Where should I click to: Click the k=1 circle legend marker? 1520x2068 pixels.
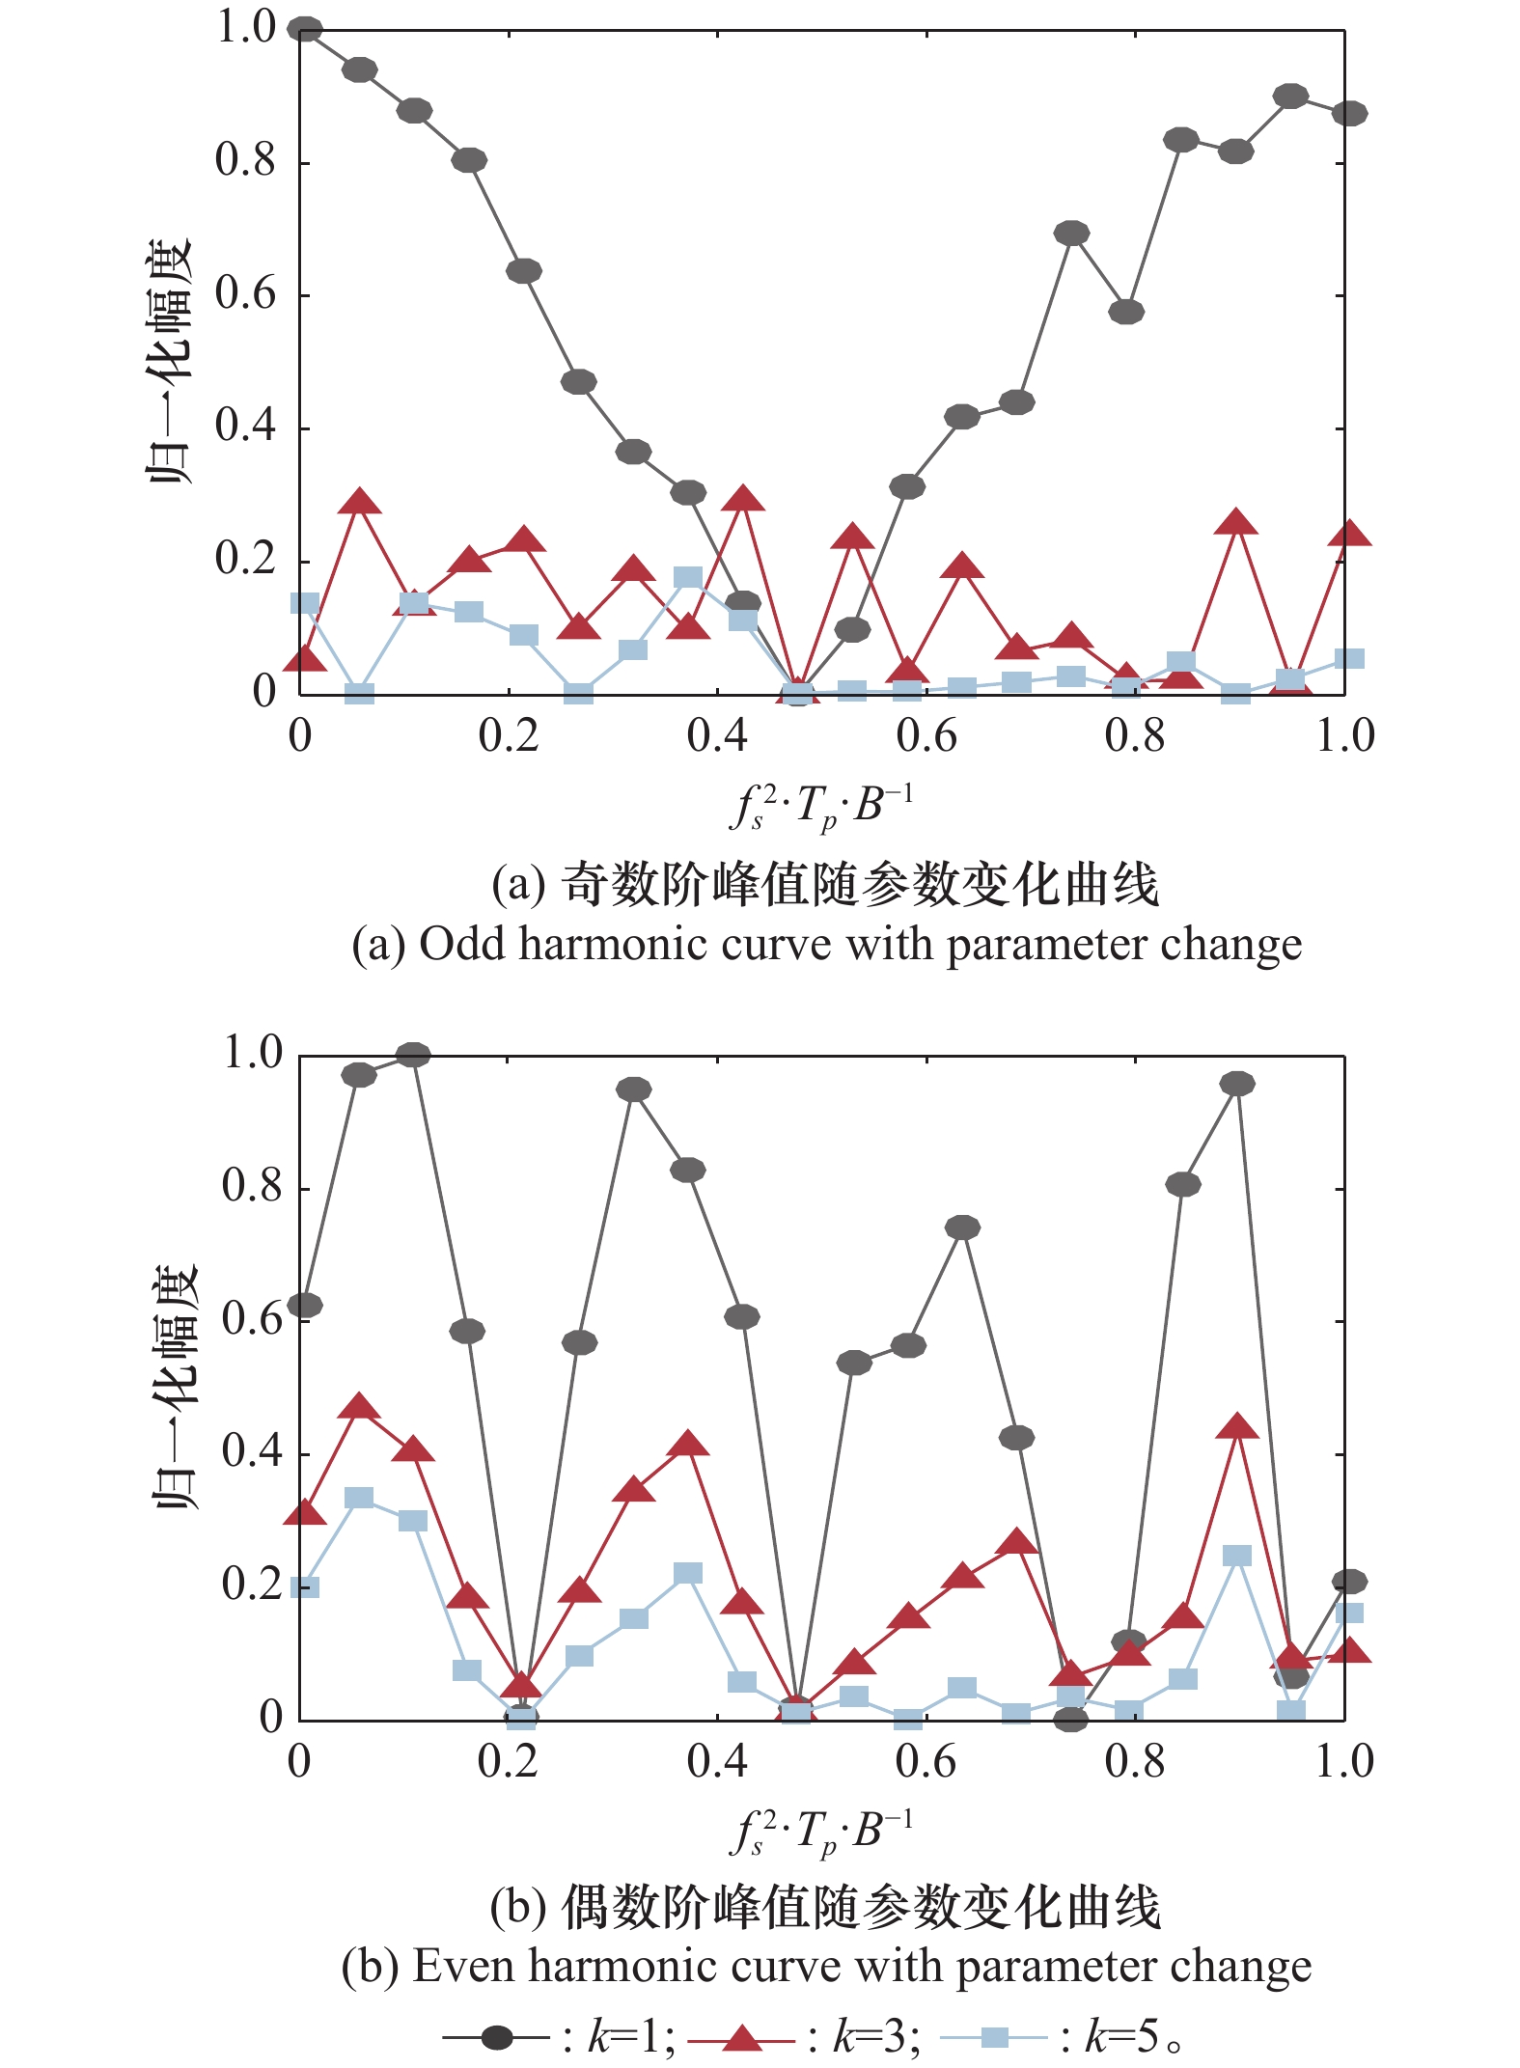[x=497, y=2037]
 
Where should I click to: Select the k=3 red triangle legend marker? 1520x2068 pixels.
[x=741, y=2037]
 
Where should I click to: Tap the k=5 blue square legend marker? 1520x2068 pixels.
[x=993, y=2037]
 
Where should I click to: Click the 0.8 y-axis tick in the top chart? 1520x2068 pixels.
[x=245, y=161]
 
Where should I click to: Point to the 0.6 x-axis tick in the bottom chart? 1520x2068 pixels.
[x=926, y=1761]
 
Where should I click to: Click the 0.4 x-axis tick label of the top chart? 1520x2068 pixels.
[x=717, y=736]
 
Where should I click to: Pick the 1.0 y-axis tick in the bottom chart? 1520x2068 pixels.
[x=253, y=1053]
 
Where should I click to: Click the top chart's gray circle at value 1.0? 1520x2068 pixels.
[x=305, y=30]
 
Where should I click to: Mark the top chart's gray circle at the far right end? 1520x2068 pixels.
[x=1349, y=114]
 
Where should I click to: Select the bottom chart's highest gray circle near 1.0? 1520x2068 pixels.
[x=414, y=1055]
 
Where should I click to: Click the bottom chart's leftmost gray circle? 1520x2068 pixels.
[x=305, y=1305]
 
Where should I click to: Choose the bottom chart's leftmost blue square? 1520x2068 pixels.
[x=305, y=1587]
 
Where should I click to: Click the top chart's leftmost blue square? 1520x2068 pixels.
[x=305, y=603]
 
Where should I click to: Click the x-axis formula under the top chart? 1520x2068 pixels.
[x=820, y=807]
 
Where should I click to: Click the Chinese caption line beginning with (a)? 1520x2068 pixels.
[x=825, y=884]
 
